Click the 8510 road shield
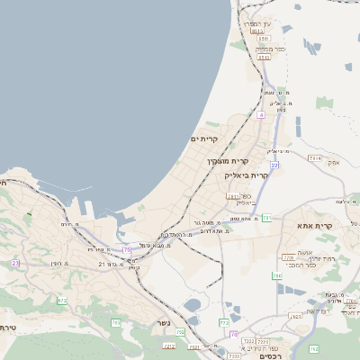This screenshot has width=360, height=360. [x=258, y=31]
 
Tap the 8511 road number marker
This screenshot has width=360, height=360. [x=262, y=57]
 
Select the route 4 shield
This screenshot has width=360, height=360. [x=261, y=114]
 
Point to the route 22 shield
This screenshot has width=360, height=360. [x=274, y=165]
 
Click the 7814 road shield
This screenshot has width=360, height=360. [x=314, y=158]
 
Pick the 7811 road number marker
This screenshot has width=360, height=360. [x=234, y=195]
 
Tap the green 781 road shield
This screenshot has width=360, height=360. [x=266, y=218]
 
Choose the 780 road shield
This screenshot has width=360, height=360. [x=277, y=275]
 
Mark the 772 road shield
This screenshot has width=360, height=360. [x=224, y=321]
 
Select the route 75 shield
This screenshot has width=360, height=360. [x=127, y=248]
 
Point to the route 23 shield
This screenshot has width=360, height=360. [x=15, y=263]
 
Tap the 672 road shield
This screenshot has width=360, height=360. [x=62, y=300]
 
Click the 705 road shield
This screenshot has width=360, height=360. [x=115, y=321]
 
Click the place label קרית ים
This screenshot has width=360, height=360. [x=204, y=139]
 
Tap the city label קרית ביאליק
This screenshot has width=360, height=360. [x=247, y=175]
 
